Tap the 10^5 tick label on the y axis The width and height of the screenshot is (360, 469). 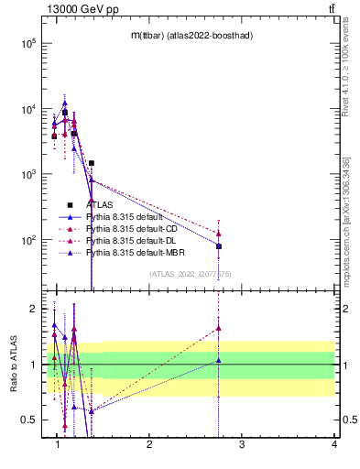28,43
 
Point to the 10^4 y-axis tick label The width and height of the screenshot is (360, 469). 28,109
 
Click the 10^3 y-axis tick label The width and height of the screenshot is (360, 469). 28,174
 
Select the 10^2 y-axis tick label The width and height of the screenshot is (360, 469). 28,240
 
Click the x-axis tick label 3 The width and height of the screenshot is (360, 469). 242,444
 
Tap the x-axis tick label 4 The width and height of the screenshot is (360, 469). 333,444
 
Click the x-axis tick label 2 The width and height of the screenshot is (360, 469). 149,444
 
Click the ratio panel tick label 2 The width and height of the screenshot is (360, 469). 34,309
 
